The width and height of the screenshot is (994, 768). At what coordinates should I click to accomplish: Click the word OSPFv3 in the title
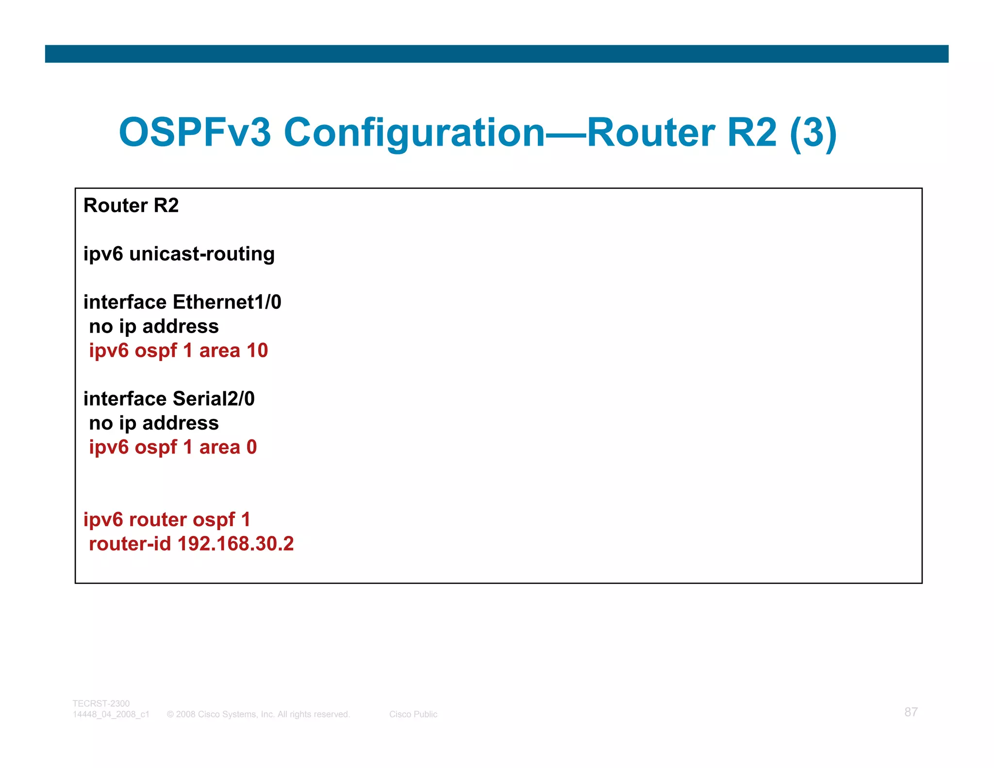[x=195, y=133]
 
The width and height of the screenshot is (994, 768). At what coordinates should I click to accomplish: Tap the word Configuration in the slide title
[x=414, y=133]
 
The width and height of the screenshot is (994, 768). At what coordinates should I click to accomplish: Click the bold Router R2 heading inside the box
[x=131, y=205]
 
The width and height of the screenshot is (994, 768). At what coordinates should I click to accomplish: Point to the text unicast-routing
[x=202, y=254]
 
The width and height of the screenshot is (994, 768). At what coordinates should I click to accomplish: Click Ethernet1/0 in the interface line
[x=227, y=302]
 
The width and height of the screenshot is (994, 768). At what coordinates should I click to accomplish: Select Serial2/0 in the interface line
[x=214, y=399]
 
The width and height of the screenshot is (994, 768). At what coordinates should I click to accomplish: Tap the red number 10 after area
[x=257, y=351]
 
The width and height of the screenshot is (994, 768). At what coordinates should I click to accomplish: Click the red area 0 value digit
[x=251, y=447]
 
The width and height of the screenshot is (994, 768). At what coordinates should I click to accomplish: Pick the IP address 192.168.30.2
[x=235, y=544]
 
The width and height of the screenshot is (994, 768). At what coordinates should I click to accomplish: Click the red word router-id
[x=130, y=544]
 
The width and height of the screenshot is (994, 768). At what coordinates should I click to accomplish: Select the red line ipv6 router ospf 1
[x=166, y=519]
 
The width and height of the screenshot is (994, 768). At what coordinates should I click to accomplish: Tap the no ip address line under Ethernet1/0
[x=154, y=326]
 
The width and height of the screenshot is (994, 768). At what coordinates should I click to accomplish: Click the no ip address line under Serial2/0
[x=154, y=423]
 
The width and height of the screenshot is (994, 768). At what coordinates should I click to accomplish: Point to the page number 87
[x=911, y=712]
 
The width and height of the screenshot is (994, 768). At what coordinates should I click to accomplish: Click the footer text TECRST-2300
[x=101, y=703]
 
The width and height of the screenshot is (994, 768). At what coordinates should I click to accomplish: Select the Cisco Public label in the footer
[x=413, y=714]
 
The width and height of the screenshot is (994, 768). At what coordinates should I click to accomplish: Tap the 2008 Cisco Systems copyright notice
[x=258, y=714]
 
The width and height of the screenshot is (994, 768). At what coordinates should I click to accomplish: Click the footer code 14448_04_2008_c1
[x=111, y=714]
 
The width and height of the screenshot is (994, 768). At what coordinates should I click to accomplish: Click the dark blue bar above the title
[x=497, y=54]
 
